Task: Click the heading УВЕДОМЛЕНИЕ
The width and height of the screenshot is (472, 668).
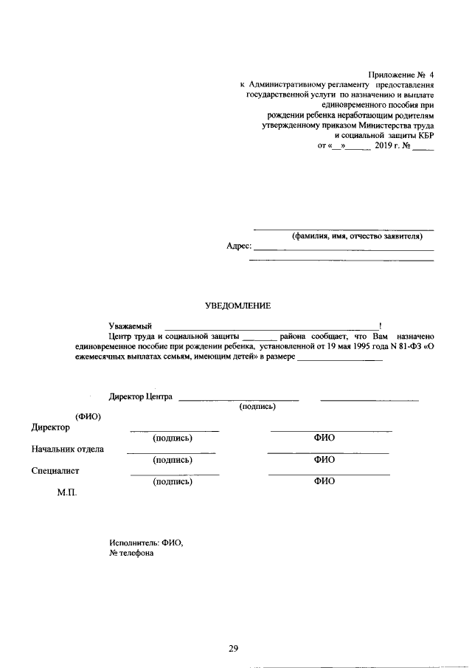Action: point(237,306)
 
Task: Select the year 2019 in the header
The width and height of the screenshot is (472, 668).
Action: point(386,146)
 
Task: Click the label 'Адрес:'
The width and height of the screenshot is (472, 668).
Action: point(239,247)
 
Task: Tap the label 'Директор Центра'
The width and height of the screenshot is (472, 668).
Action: point(141,396)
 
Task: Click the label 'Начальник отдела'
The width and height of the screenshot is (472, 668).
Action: point(67,448)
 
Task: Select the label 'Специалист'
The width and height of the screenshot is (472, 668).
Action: point(55,470)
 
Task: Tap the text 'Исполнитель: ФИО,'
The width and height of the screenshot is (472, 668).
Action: point(145,543)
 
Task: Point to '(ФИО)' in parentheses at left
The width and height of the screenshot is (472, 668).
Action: point(88,416)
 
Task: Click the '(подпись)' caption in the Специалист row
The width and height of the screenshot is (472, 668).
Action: point(172,481)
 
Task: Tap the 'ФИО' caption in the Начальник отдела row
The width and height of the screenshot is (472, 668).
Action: point(324,459)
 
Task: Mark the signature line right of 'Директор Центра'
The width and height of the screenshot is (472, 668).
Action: point(239,399)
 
